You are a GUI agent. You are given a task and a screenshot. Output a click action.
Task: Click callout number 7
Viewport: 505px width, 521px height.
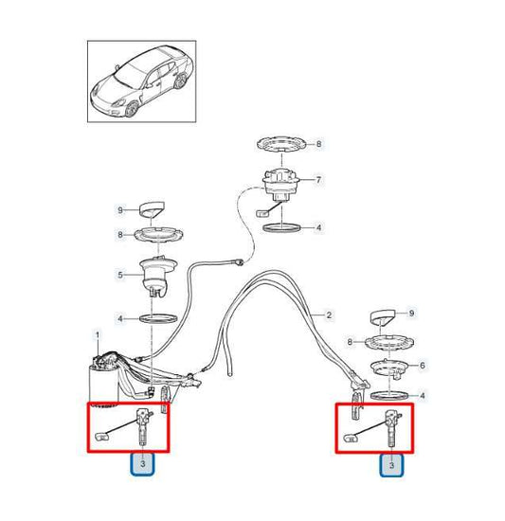(x=318, y=179)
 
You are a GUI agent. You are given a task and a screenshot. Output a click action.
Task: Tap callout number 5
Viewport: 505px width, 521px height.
(x=120, y=277)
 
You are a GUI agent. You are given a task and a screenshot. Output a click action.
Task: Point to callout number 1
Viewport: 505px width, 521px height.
(x=96, y=334)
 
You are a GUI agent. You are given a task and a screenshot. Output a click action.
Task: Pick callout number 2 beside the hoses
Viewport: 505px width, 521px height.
(x=329, y=314)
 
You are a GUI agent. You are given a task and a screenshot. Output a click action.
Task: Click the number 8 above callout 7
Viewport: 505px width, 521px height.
(x=318, y=145)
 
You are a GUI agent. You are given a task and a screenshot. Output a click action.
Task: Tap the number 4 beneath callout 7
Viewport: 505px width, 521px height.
(x=318, y=227)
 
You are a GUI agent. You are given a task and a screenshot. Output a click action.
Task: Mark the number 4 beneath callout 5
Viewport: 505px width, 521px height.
(x=120, y=317)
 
